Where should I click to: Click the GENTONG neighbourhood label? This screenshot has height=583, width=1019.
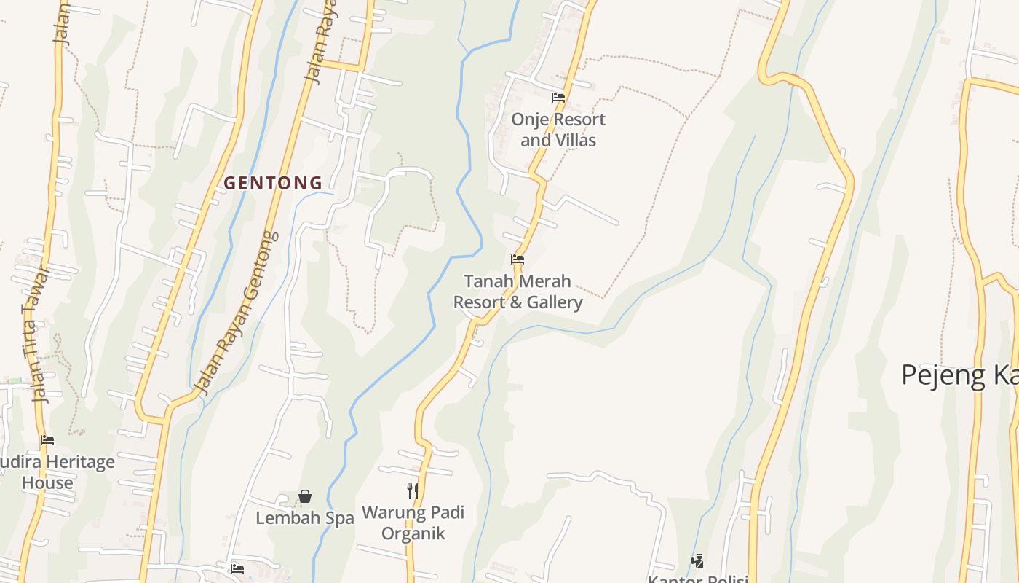click(x=273, y=183)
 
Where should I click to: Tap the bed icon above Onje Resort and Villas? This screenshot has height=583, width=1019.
click(x=558, y=98)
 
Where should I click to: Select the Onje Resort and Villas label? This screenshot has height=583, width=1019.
click(x=558, y=130)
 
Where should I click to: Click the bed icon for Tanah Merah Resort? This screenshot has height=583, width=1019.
click(x=518, y=259)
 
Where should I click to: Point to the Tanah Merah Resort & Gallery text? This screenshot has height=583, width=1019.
click(x=518, y=291)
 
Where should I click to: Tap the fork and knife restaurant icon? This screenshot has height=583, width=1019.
click(x=413, y=491)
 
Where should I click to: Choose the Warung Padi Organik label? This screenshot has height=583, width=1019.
click(x=413, y=523)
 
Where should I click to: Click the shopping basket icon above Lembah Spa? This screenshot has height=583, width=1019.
click(x=305, y=497)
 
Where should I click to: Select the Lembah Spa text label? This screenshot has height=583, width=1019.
click(x=304, y=518)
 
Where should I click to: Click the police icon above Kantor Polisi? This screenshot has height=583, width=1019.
click(x=697, y=560)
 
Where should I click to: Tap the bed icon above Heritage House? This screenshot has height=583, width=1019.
click(x=47, y=440)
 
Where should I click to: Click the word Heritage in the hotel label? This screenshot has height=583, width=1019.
click(x=80, y=462)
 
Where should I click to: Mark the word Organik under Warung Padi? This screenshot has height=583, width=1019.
click(x=413, y=533)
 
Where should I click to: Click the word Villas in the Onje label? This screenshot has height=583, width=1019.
click(x=576, y=140)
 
